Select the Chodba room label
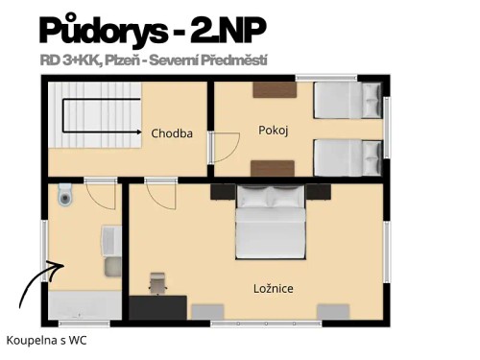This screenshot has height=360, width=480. click(x=173, y=133)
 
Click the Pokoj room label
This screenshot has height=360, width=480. click(x=274, y=129)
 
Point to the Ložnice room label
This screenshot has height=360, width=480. click(x=273, y=287)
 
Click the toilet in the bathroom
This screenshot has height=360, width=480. click(x=64, y=195)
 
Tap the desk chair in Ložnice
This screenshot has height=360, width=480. click(x=157, y=282)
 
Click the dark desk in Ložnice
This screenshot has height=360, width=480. click(x=158, y=307)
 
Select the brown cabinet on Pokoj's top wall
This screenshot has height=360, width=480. click(x=275, y=90)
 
